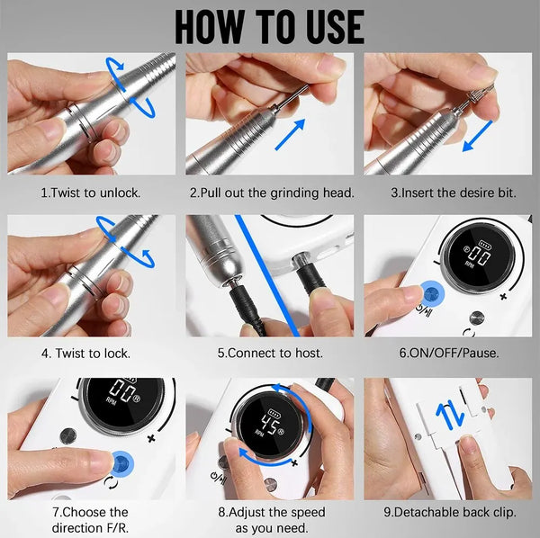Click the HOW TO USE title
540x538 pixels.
coord(270,26)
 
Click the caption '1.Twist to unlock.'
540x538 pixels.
coord(91,193)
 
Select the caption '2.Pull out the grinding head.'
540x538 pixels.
coord(272,193)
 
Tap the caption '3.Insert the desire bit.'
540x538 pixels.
coord(454,193)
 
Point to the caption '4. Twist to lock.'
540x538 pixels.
coord(86,354)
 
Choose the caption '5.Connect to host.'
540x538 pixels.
coord(270,354)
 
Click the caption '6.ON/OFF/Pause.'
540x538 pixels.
coord(449,354)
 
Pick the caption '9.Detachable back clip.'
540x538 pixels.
coord(450,512)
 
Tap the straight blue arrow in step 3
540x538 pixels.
coord(477,136)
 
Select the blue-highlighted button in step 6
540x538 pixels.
coord(432,294)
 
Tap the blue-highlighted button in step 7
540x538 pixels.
coord(122,462)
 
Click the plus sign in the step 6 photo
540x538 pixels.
coord(503,296)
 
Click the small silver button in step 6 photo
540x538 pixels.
coord(477,318)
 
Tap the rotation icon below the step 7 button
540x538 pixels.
coord(111,482)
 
